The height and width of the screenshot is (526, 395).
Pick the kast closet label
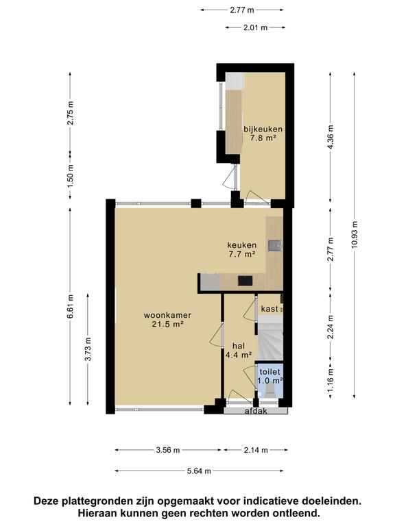point(270,309)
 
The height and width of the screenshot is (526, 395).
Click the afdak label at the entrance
point(256,411)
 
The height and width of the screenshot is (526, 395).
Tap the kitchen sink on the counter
point(274,246)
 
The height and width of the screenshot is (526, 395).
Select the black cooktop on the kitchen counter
point(246,280)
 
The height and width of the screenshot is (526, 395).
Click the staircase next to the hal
point(270,340)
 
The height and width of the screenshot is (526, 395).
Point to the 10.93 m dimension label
point(355,235)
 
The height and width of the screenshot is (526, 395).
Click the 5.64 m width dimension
point(199,471)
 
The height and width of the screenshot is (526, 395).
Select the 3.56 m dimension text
point(168,450)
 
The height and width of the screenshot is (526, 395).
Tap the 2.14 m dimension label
point(256,450)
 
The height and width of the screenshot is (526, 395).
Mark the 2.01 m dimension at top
point(256,27)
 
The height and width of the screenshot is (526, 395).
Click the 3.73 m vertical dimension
point(88,349)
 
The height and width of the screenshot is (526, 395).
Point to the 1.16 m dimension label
point(331,380)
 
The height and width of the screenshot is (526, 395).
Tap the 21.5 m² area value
point(167,324)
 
